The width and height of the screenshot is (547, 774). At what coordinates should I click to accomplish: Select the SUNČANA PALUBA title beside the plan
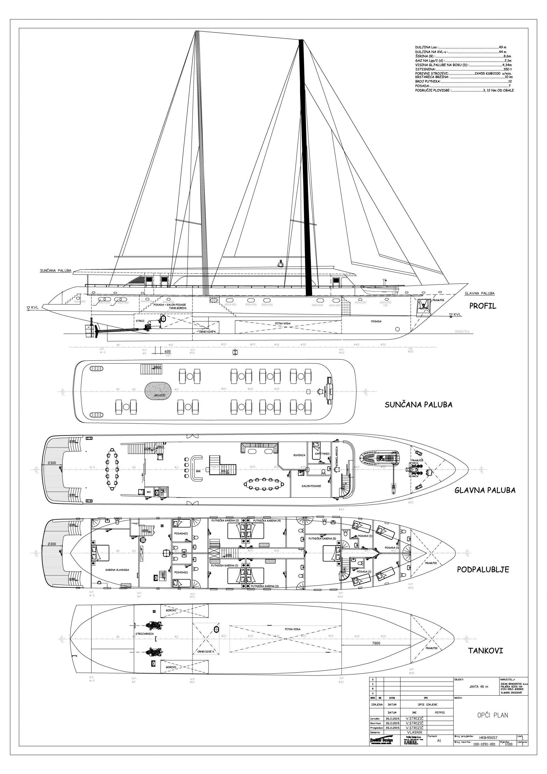[418, 405]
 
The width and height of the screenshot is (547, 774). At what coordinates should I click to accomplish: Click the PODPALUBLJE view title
[483, 569]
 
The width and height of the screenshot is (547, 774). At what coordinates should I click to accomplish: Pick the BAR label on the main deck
[198, 471]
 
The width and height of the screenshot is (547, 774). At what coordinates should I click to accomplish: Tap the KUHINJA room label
[299, 455]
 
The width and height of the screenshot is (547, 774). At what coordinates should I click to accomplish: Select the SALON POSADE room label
[311, 486]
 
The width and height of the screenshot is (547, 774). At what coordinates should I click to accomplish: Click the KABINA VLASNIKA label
[117, 570]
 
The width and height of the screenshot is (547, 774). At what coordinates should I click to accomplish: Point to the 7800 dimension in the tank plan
[376, 643]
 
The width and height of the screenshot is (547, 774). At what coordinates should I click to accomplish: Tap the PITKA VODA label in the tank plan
[292, 629]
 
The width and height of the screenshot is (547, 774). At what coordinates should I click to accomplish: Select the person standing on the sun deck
[280, 264]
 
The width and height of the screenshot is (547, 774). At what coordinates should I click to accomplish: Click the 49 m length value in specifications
[503, 47]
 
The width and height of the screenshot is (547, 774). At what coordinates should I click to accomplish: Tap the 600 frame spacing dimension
[167, 351]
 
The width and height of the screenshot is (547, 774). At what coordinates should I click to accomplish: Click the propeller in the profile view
[97, 331]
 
